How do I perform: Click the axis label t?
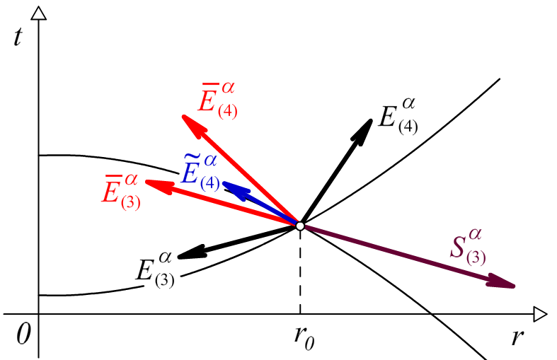(x=18, y=37)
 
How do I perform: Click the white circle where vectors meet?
(x=300, y=226)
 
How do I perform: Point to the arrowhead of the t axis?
(x=40, y=10)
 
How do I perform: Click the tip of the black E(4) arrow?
(x=372, y=119)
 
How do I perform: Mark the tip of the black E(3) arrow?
(x=179, y=257)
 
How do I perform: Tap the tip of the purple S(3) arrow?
(x=515, y=286)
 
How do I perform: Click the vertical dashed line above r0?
(x=300, y=269)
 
